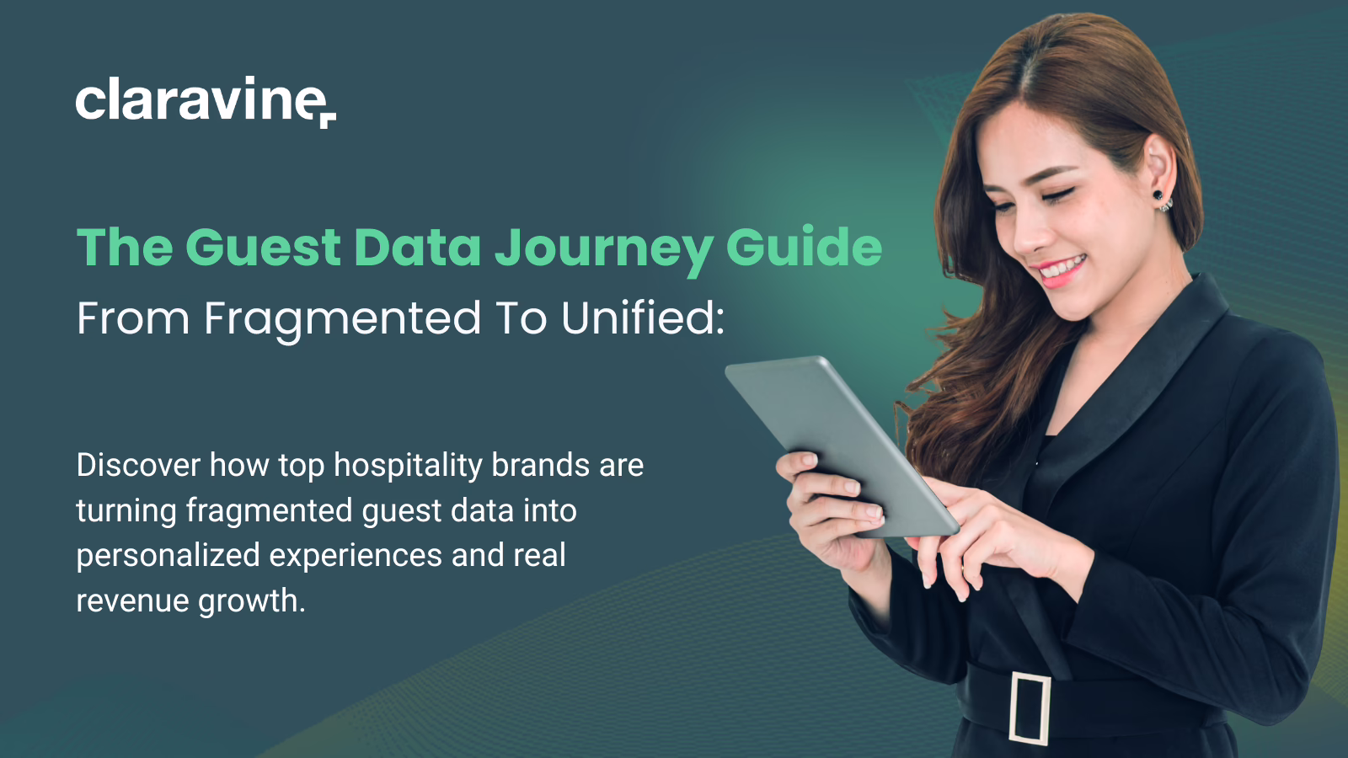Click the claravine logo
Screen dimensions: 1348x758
206,101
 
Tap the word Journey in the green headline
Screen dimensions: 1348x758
604,248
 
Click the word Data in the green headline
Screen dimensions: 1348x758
418,247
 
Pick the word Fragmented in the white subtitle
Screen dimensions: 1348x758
342,320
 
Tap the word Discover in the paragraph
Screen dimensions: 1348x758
138,465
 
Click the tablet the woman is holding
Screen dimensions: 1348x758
842,446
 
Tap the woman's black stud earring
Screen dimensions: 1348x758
1158,195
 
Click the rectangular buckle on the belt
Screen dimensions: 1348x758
1030,708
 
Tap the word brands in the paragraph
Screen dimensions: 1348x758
541,465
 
